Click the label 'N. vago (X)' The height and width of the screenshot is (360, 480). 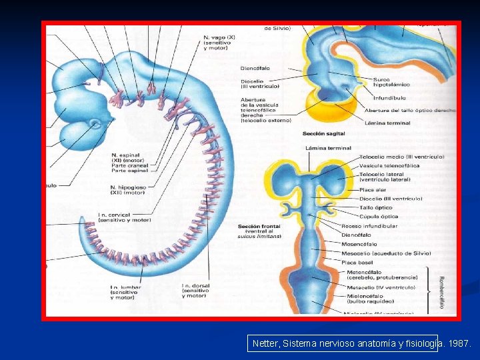click(x=221, y=38)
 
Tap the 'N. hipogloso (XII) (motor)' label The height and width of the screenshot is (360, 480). click(x=127, y=190)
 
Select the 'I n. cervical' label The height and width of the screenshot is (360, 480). click(x=124, y=217)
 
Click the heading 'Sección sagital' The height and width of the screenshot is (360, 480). click(x=323, y=134)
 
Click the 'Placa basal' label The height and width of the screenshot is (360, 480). click(x=357, y=262)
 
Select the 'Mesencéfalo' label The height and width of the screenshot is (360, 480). click(x=359, y=243)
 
